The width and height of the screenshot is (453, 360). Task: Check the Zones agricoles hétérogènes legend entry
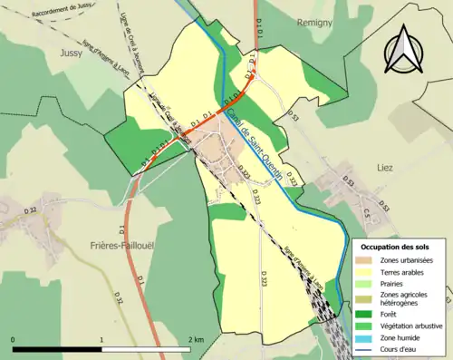(404, 299)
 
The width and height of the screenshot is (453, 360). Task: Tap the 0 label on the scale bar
(14, 339)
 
